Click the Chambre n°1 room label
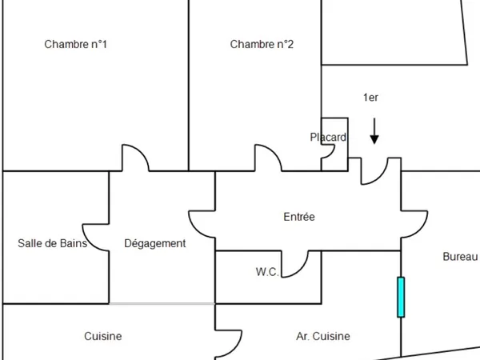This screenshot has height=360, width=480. tap(76, 44)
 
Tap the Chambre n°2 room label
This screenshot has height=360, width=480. tap(262, 44)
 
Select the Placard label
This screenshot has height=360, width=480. tap(328, 137)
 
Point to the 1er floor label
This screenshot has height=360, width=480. tap(370, 98)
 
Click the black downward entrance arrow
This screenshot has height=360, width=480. tap(374, 131)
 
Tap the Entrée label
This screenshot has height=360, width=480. tap(299, 217)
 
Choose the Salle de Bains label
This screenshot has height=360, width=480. tap(52, 243)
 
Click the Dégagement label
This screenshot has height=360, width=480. tap(155, 244)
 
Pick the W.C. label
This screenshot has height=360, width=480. tap(267, 271)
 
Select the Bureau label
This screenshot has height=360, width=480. tap(460, 257)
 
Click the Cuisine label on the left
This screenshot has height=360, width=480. tap(103, 336)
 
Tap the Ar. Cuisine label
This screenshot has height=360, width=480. tap(323, 336)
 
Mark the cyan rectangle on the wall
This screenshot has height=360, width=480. tap(401, 297)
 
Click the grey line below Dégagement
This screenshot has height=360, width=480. tap(162, 304)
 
